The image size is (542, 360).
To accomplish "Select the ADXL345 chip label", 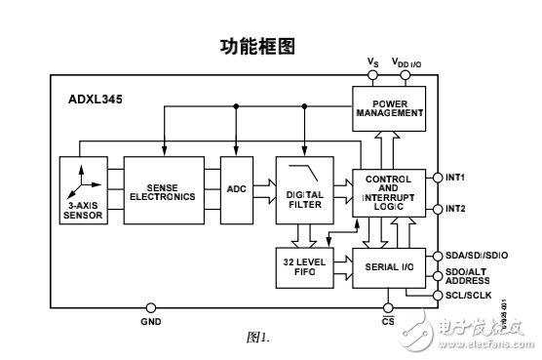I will click(x=96, y=99).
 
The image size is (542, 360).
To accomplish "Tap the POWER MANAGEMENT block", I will click(x=388, y=106).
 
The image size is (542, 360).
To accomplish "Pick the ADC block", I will click(x=237, y=189).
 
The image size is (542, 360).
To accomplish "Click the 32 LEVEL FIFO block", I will click(x=304, y=264).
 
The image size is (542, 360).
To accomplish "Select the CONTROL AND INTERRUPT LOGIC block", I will click(x=388, y=191).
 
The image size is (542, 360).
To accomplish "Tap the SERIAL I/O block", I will click(x=388, y=265).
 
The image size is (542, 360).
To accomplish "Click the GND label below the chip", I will click(x=151, y=320).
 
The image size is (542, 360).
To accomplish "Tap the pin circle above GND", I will click(x=151, y=306).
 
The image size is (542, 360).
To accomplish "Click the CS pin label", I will click(x=388, y=320).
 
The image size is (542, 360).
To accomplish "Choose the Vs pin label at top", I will click(x=372, y=61).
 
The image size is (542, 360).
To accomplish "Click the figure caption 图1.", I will click(x=256, y=337).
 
